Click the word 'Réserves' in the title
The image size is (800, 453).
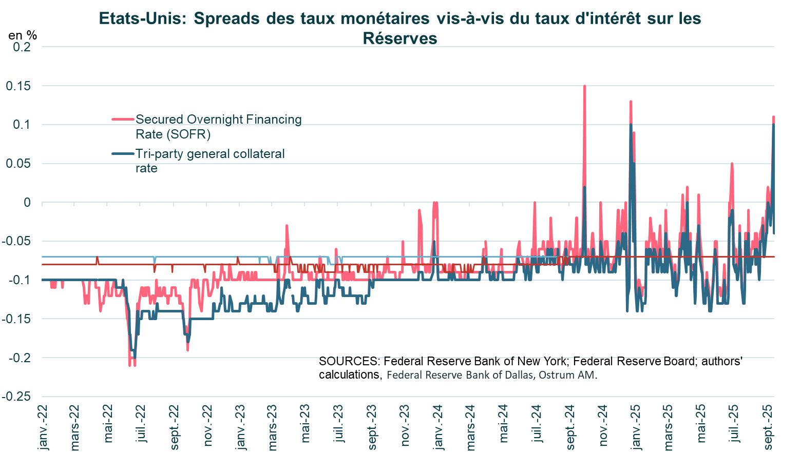tap(399, 38)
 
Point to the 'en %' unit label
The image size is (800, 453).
tap(23, 35)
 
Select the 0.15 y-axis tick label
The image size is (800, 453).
tap(18, 86)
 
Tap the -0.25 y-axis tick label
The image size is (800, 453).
tap(16, 397)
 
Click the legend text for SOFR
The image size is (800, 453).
tap(218, 126)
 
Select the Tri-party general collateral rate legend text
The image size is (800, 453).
tap(209, 161)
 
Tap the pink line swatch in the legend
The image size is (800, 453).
tap(123, 120)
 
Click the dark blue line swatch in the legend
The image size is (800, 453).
tap(123, 154)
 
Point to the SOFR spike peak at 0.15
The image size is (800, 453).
tap(584, 87)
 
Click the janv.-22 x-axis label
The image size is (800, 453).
tap(43, 427)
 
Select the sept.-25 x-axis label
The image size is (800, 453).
tap(769, 427)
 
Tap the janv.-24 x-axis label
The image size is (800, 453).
tap(439, 427)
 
